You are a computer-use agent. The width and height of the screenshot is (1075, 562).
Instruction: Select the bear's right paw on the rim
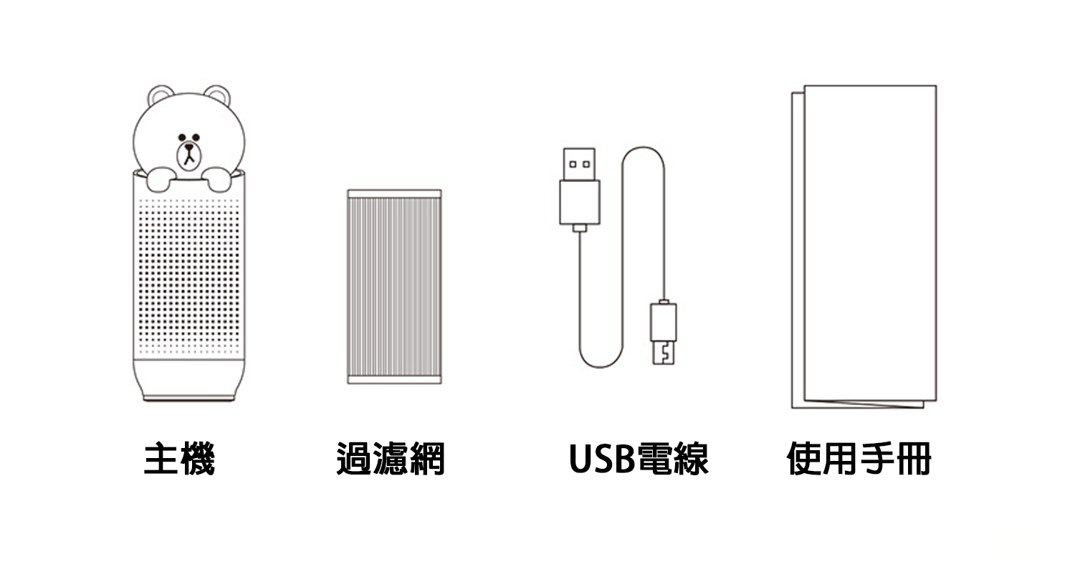pyautogui.click(x=218, y=178)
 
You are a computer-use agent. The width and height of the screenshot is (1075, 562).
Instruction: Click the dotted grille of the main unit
pyautogui.click(x=188, y=272)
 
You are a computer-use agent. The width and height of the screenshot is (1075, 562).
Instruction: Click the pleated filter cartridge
pyautogui.click(x=394, y=287)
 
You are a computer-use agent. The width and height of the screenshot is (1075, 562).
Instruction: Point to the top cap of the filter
pyautogui.click(x=394, y=194)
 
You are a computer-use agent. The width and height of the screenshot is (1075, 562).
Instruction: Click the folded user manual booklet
pyautogui.click(x=867, y=244)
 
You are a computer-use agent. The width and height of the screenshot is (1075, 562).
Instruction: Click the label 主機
pyautogui.click(x=179, y=459)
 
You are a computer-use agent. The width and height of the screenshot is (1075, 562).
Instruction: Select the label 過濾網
pyautogui.click(x=391, y=459)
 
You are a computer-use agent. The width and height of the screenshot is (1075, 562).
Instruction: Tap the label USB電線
pyautogui.click(x=639, y=459)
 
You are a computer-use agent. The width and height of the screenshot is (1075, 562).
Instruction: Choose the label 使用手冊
pyautogui.click(x=859, y=459)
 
